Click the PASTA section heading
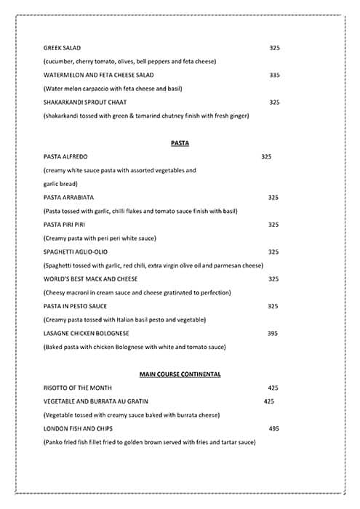coord(180,143)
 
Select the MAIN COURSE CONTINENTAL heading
coord(180,374)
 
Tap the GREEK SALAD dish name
coord(61,48)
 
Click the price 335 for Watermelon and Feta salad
coord(274,75)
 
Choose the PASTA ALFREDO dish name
coord(67,156)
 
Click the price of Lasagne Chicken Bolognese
coord(273,333)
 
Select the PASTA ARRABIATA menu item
coord(68,197)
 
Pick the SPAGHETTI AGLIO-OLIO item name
coord(76,252)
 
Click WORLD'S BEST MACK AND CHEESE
coord(90,278)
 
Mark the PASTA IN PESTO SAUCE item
coord(75,306)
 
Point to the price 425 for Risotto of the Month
coord(273,388)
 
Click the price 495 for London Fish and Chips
coord(273,428)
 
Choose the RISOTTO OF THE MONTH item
coord(78,388)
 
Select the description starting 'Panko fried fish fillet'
coord(149,442)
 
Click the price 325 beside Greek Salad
coord(274,48)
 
